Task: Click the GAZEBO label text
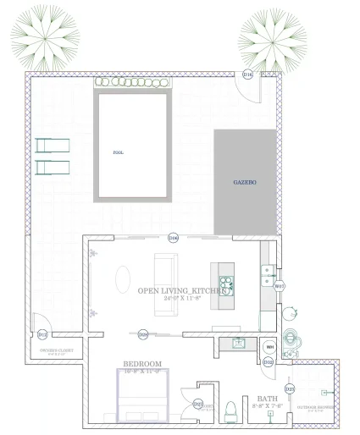245,182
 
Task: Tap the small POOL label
118,152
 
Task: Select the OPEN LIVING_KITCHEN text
181,290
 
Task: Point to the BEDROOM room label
142,364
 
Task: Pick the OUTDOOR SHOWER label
316,407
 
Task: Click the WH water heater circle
270,347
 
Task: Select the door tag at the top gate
247,75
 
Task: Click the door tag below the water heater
268,362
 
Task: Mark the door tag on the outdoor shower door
290,388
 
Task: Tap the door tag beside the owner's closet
42,335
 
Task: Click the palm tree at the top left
45,35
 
